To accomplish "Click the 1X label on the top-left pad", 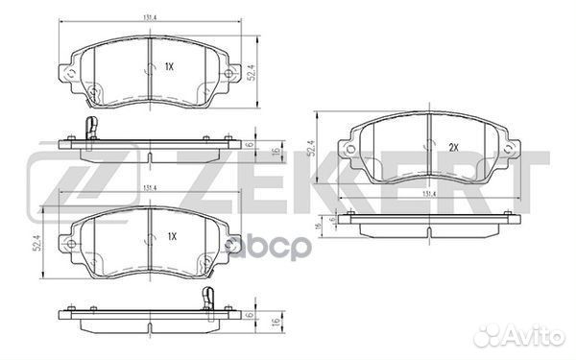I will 169,66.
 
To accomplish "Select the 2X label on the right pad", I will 452,148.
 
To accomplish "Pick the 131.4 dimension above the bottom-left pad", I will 151,188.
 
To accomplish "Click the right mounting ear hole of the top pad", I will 228,77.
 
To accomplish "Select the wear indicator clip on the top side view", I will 90,127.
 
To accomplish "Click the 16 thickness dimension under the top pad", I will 275,149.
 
